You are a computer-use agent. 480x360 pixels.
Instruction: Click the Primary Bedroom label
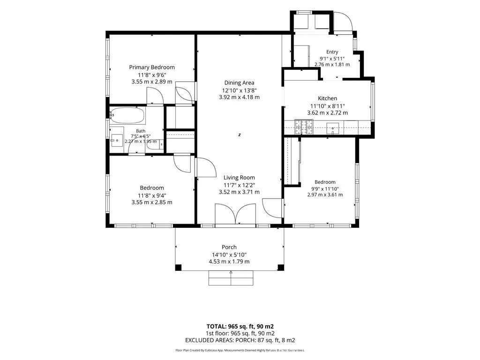click(x=152, y=67)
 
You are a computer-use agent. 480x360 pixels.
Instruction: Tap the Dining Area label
click(x=239, y=82)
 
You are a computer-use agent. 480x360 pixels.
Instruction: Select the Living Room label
click(x=239, y=178)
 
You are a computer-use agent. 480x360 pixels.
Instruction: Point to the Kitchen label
click(x=328, y=98)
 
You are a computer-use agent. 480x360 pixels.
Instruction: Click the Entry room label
click(x=332, y=52)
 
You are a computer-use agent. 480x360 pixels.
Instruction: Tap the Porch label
click(x=229, y=247)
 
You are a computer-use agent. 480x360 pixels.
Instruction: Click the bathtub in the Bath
click(x=127, y=116)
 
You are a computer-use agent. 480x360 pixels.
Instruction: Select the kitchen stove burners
click(x=304, y=127)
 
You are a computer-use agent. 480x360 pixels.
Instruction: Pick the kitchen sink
click(x=332, y=128)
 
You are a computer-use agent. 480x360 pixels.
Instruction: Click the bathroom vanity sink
click(x=117, y=141)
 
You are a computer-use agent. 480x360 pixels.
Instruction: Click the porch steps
click(x=231, y=278)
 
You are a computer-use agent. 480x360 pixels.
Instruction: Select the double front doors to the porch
click(x=235, y=214)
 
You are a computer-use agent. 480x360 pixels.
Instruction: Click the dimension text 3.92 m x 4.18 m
click(x=239, y=97)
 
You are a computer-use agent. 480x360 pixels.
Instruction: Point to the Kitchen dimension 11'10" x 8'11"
click(x=328, y=106)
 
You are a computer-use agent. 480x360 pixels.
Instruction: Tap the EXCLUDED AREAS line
click(x=240, y=340)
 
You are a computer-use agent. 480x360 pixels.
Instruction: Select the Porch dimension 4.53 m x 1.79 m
click(x=229, y=262)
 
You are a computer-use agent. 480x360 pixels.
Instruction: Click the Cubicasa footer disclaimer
click(x=240, y=350)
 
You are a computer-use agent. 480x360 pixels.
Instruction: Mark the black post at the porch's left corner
click(x=178, y=268)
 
